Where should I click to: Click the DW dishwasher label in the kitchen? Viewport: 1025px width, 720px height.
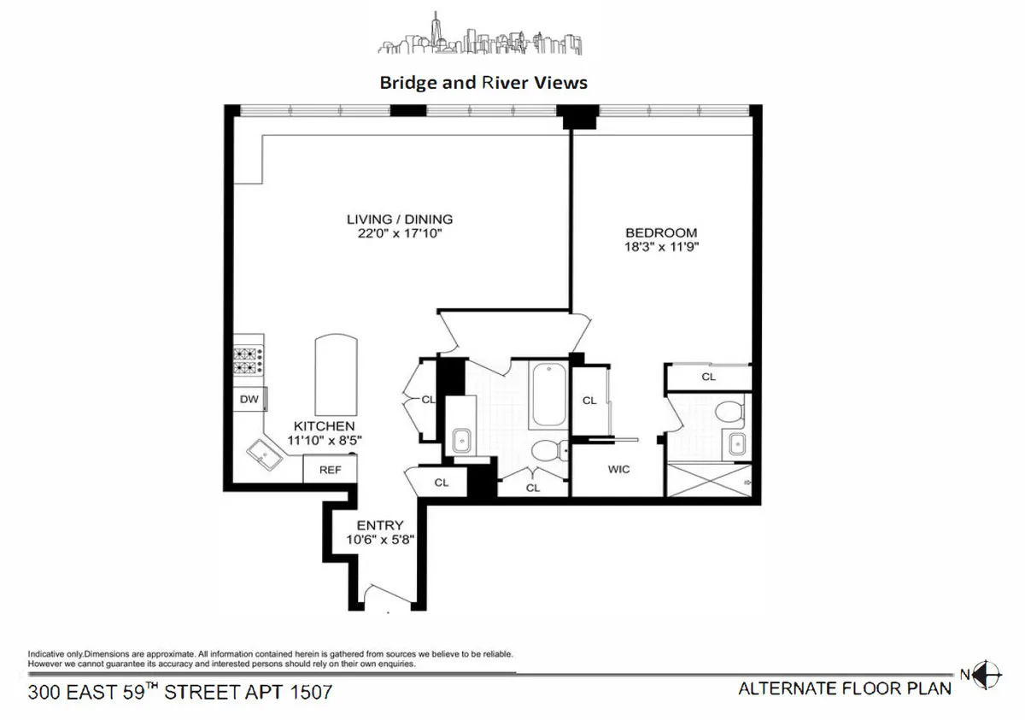(249, 399)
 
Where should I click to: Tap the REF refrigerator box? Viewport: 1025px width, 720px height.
(330, 470)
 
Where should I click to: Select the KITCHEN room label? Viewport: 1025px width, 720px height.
(324, 426)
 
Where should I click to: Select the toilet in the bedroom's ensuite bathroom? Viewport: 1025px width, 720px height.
(729, 413)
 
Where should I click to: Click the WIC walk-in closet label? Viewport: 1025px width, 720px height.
(618, 470)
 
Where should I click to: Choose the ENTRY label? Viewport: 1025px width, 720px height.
(379, 525)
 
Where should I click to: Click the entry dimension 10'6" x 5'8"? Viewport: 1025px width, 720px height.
(379, 540)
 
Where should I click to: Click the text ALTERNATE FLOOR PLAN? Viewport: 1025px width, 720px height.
(844, 689)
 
